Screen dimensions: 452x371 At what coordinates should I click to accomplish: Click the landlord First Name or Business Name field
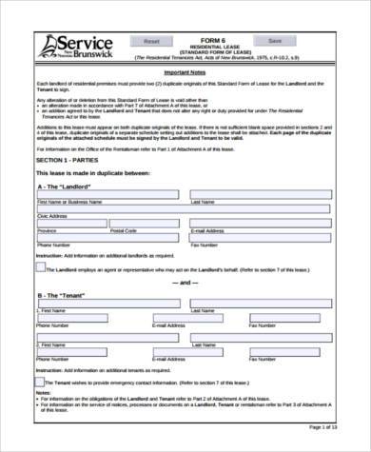coord(107,195)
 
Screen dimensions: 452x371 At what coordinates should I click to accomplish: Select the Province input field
coord(69,224)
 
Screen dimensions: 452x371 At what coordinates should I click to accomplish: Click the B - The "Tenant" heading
coord(63,296)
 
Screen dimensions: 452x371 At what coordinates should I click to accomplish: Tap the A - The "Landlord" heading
coord(68,185)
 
